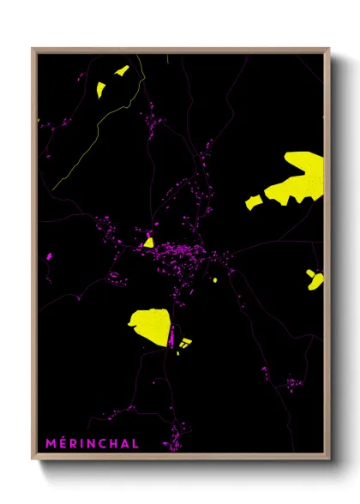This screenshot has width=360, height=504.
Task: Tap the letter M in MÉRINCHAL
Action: point(50,443)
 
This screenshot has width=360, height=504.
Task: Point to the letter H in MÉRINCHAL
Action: point(116,443)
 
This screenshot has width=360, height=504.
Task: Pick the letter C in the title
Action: point(104,443)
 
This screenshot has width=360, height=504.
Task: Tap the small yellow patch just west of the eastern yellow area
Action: point(254,202)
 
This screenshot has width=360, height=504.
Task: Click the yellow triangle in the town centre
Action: point(148,242)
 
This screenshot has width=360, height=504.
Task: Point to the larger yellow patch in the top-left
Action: point(100,88)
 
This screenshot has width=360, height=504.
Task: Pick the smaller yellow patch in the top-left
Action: point(121,70)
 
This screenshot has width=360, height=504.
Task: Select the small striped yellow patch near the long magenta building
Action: point(185,344)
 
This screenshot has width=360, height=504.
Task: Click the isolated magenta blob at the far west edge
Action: point(49,255)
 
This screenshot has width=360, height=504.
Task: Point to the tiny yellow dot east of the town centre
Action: point(214,279)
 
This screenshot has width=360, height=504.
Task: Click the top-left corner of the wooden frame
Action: point(33,49)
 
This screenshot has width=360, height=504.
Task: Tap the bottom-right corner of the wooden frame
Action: point(328,459)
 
